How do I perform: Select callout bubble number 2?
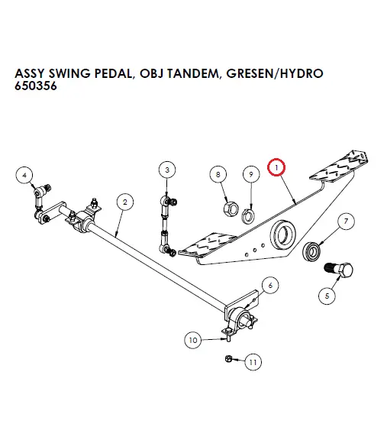[x=123, y=202]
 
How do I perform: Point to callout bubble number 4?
[x=24, y=175]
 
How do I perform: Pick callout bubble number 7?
[x=346, y=222]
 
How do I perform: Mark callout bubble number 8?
[x=219, y=175]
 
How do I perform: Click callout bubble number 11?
[x=253, y=362]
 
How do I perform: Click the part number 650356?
[x=35, y=87]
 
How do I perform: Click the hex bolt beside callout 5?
[x=340, y=270]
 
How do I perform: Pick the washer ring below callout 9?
[x=249, y=214]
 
